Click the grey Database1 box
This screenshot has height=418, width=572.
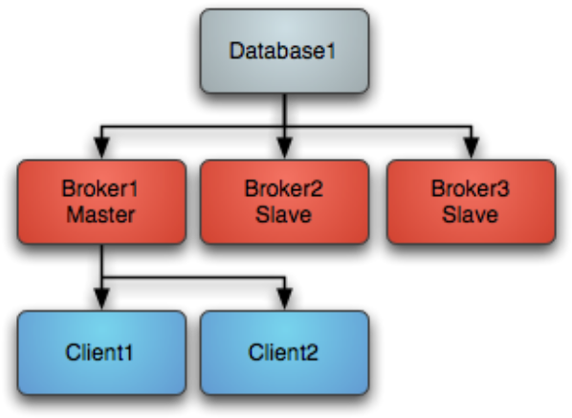click(284, 51)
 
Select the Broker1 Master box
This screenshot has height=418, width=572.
click(101, 202)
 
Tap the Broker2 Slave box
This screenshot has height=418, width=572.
click(284, 202)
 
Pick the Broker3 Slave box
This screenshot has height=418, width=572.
click(472, 202)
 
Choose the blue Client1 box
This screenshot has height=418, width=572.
click(101, 353)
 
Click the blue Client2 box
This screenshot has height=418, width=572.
click(284, 353)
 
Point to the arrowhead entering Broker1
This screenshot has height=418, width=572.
click(101, 148)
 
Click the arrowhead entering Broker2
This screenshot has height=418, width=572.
click(284, 148)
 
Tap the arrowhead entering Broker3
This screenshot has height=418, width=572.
click(472, 148)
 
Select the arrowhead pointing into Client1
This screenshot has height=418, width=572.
click(101, 299)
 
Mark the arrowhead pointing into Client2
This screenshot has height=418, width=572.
click(284, 299)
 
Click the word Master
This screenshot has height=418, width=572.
click(100, 214)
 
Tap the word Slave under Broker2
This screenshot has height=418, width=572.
click(283, 214)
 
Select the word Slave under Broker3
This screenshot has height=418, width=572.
click(471, 214)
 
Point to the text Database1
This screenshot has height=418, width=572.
click(282, 51)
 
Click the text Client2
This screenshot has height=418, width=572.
click(283, 353)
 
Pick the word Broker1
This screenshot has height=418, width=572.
click(99, 188)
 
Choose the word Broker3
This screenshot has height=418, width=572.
click(471, 188)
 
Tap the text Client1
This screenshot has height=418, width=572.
click(99, 353)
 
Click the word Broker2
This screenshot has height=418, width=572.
click(283, 188)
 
